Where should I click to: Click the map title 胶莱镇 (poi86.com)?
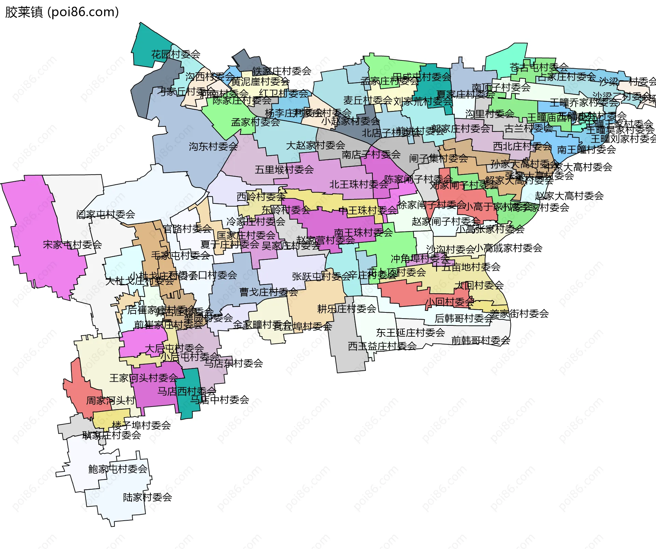tap(62, 12)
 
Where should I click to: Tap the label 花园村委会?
tap(176, 54)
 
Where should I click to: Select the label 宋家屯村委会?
tap(72, 244)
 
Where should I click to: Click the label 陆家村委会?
tap(147, 497)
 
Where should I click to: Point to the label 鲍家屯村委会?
tap(118, 469)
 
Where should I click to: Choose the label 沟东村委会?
tap(213, 146)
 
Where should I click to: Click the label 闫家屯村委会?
tap(106, 214)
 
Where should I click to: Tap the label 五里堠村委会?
tap(284, 169)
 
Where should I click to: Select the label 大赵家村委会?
tap(315, 145)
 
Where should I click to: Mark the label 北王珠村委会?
tap(359, 184)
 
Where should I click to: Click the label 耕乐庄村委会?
tap(346, 309)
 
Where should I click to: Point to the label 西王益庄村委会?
tap(382, 346)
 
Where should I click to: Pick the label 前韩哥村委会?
tap(480, 340)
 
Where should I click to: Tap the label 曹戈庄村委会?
tap(269, 292)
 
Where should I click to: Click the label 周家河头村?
tap(110, 400)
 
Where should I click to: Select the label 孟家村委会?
tap(255, 122)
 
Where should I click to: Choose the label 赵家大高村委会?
tap(569, 196)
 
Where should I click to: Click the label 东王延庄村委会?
tap(410, 332)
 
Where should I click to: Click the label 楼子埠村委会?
tap(141, 425)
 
